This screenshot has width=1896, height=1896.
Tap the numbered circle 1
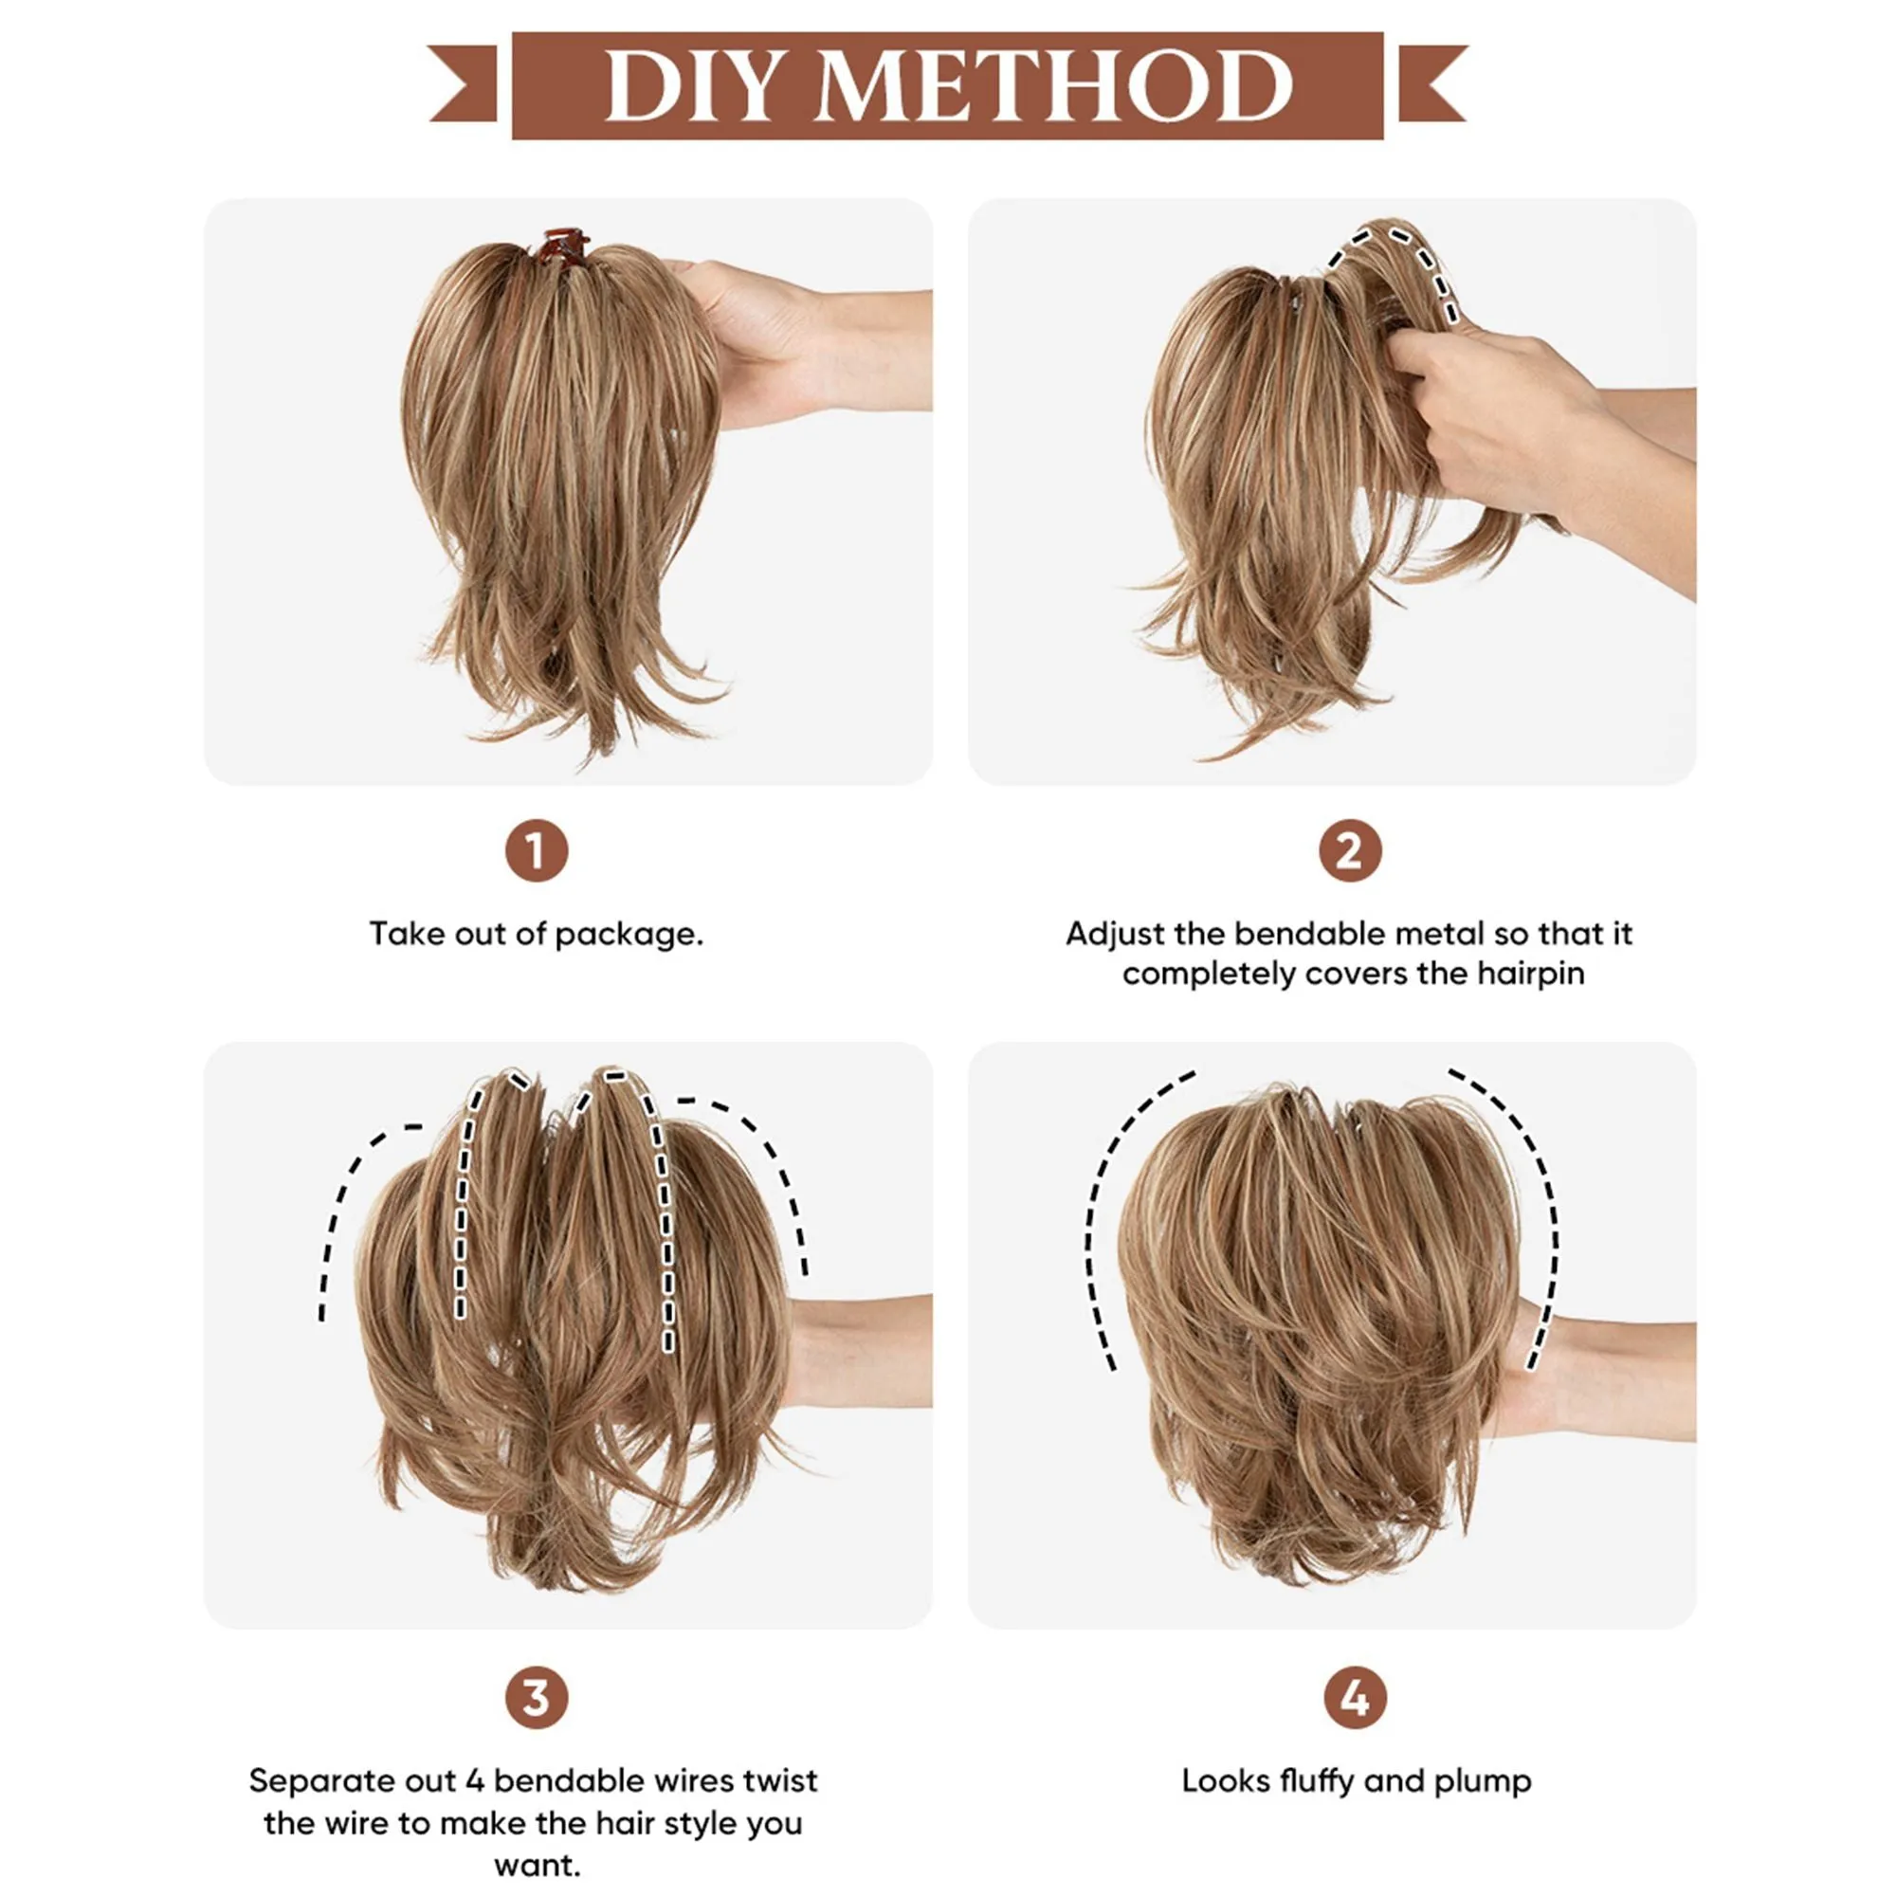pos(536,851)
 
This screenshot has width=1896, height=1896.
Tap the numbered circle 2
pos(1349,851)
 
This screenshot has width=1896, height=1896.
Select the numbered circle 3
pos(536,1698)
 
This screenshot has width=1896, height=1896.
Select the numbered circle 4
pos(1355,1698)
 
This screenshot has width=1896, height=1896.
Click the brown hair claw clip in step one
pos(562,246)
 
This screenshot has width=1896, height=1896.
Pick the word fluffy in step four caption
pos(1323,1780)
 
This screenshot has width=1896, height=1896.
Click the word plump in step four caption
pos(1482,1782)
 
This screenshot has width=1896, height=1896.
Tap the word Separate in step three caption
pos(314,1780)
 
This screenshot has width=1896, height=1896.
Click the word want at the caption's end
pos(536,1865)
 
